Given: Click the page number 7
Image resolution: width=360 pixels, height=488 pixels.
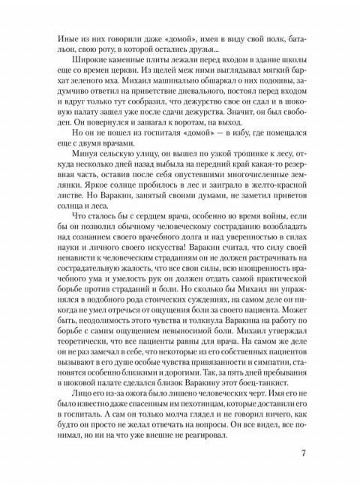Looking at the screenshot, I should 302,453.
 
